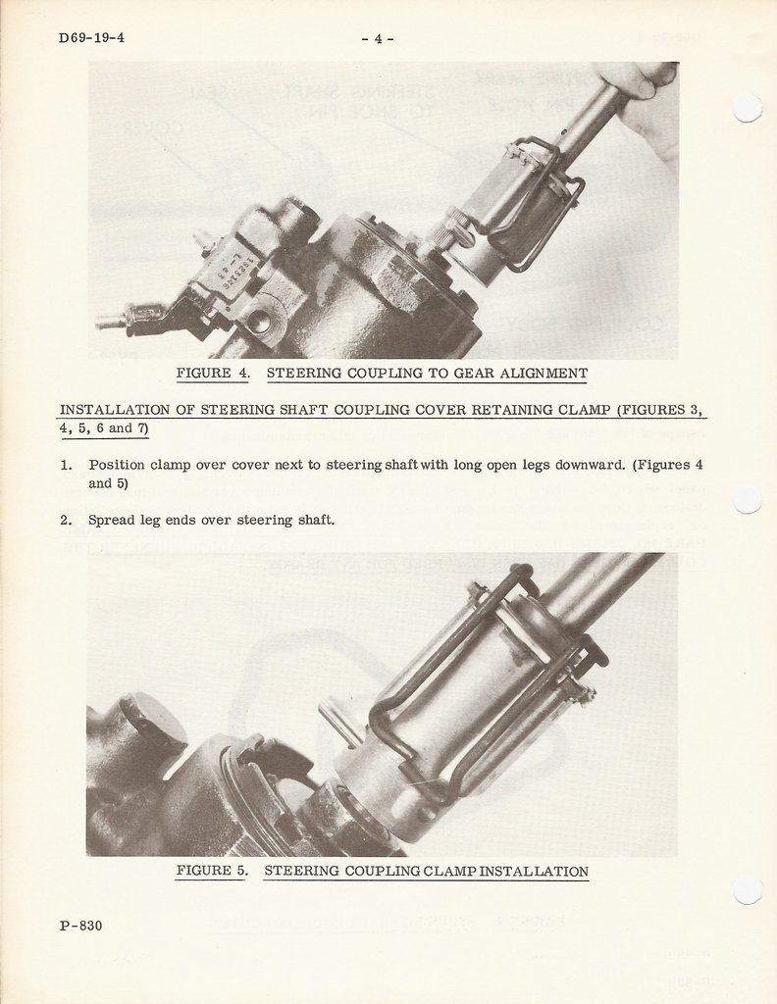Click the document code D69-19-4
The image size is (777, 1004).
tap(91, 38)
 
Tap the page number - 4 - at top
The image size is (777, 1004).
tap(378, 39)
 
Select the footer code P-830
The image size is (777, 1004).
tap(80, 925)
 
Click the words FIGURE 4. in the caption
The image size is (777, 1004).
tap(213, 374)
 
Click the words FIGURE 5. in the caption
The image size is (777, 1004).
tap(213, 871)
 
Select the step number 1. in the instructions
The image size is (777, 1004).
tap(67, 465)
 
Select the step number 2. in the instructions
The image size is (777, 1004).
tap(67, 520)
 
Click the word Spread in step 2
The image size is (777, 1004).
tap(110, 520)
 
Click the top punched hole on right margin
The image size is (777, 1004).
tap(748, 108)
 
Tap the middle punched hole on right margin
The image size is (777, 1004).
tap(748, 499)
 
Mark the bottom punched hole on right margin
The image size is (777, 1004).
tap(748, 889)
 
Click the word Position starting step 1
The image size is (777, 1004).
tap(117, 465)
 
